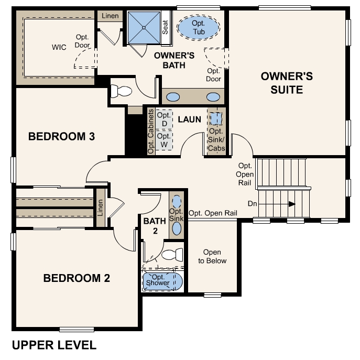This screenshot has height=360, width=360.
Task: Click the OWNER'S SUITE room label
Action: pos(287,83)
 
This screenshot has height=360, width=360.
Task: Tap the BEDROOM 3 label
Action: pos(61,137)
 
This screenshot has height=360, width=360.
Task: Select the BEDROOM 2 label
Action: pos(77,278)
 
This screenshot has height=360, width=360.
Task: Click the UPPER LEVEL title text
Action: pos(54,345)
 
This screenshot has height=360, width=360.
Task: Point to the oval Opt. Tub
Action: pos(199,27)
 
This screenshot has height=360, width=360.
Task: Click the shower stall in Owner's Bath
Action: pos(144,27)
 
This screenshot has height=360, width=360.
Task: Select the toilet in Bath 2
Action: pos(171,255)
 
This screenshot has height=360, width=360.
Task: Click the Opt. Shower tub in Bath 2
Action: pos(162,281)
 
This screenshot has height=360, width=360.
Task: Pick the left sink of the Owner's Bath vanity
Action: pos(173,97)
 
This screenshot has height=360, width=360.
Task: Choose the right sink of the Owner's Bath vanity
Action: pos(213,97)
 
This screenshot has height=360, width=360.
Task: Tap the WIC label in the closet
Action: pos(59,47)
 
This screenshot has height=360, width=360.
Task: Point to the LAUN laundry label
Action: pos(189,119)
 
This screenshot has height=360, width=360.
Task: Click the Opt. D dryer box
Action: pos(165,119)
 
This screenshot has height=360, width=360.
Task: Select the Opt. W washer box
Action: pos(165,140)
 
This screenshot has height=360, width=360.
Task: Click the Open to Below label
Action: pos(212,257)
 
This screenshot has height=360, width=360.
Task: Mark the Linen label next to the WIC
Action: pos(110,16)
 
